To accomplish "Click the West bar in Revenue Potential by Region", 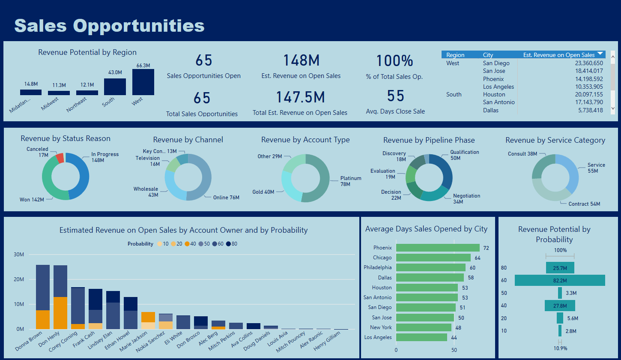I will tap(143, 82).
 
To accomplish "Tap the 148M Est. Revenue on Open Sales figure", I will tap(301, 61).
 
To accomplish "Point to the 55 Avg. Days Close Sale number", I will tap(395, 96).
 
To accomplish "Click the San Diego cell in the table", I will tap(496, 63).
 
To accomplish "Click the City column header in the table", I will tap(488, 55).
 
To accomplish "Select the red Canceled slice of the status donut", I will tap(60, 158).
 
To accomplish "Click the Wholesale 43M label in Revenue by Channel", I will tap(146, 192).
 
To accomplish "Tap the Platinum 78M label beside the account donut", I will tap(351, 181).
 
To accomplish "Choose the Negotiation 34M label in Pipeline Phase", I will tap(466, 198).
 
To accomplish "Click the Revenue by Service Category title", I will tap(555, 140).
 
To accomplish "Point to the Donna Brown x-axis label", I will tap(29, 341).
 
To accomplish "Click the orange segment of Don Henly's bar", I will tap(60, 313).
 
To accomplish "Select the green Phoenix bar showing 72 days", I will tap(437, 248).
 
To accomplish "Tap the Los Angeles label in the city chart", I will tap(378, 337).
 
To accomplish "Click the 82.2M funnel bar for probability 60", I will tap(559, 280).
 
